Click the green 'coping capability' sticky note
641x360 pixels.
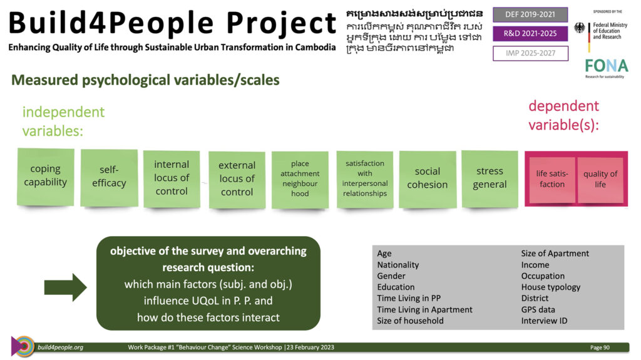(x=45, y=177)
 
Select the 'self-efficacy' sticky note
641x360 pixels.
(x=109, y=178)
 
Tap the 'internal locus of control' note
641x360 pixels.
(x=172, y=179)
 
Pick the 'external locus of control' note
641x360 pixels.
(x=237, y=180)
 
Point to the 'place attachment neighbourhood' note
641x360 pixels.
(x=300, y=180)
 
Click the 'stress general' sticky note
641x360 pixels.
(x=490, y=179)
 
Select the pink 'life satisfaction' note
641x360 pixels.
(x=552, y=179)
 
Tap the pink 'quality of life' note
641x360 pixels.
(x=600, y=179)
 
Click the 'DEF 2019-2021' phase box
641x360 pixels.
(x=530, y=15)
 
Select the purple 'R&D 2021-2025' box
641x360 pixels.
(x=530, y=34)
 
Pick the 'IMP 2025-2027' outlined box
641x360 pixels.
(x=530, y=53)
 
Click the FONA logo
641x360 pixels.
(x=606, y=68)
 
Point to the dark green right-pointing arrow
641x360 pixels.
(x=65, y=287)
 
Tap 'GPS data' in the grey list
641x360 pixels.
(x=538, y=310)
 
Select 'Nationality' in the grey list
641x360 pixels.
(x=397, y=265)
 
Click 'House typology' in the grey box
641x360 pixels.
(x=551, y=287)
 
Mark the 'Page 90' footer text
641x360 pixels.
(x=600, y=347)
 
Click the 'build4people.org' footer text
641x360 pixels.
(x=61, y=347)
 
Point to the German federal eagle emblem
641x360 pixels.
(x=579, y=28)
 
